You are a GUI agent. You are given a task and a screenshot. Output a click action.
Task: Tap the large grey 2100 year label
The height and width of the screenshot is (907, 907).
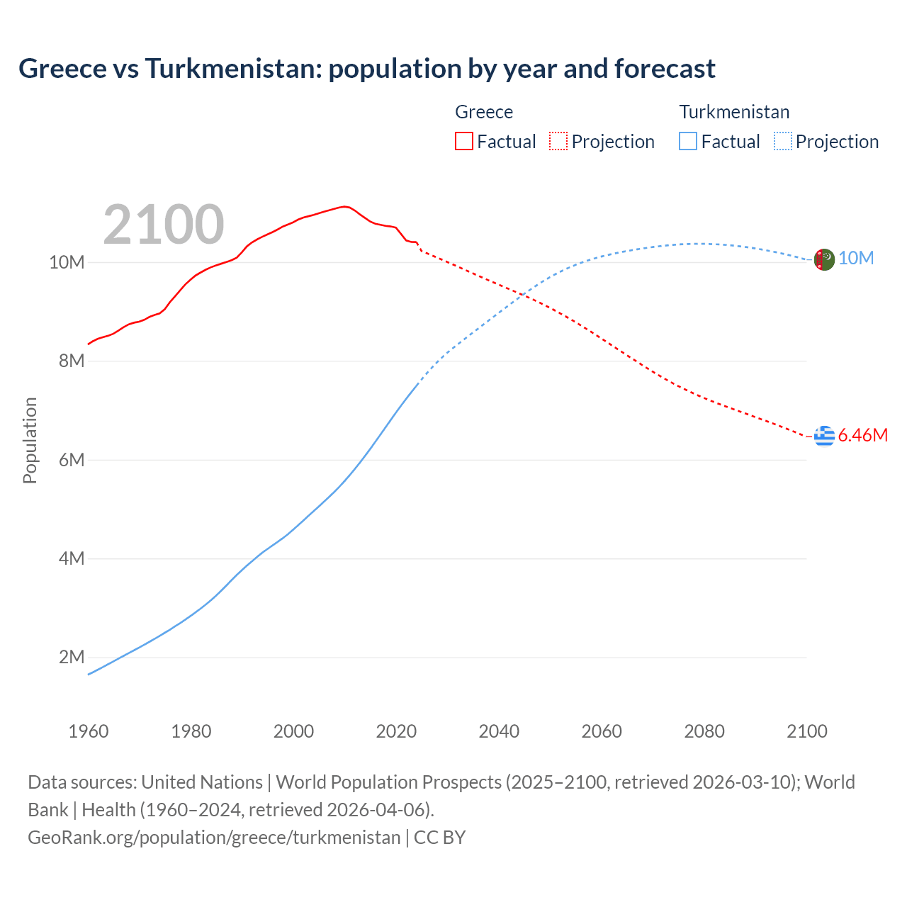point(164,225)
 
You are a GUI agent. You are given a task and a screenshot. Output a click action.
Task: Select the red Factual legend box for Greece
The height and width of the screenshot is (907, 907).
point(463,141)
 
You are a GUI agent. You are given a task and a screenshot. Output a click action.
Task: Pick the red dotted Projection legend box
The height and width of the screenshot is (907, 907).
point(558,141)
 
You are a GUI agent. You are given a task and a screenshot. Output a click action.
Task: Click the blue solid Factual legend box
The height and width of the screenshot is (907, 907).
point(688,141)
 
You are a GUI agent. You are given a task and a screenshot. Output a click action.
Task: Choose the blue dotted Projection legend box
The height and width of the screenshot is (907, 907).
point(782,141)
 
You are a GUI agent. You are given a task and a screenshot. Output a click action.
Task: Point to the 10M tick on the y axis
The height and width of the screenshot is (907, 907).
point(67,262)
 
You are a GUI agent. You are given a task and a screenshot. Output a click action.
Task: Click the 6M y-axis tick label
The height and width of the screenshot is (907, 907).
point(71,460)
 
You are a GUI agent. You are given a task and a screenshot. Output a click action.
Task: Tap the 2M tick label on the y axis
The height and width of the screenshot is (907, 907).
point(71,657)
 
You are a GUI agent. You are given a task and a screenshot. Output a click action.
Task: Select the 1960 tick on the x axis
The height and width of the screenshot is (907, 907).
point(89,731)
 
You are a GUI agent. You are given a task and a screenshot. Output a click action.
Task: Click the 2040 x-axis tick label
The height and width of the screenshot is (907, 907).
point(499,731)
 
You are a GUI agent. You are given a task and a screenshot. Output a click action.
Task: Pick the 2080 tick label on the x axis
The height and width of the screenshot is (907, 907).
point(704,731)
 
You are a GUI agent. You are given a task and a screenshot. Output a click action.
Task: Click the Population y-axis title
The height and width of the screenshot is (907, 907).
point(30,440)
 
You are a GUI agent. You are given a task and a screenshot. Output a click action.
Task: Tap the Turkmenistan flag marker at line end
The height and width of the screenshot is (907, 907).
point(824,260)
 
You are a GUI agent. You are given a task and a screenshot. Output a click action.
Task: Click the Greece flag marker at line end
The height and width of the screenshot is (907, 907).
point(824,436)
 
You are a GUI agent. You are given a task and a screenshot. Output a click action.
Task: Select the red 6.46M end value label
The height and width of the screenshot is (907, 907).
point(862,435)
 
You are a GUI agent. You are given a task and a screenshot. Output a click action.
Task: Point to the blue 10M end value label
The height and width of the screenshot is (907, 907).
point(856,259)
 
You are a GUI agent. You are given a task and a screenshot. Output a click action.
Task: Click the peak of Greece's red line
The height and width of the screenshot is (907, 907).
point(344,206)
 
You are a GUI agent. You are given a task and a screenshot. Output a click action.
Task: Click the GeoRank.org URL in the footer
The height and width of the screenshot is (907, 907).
point(214,837)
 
